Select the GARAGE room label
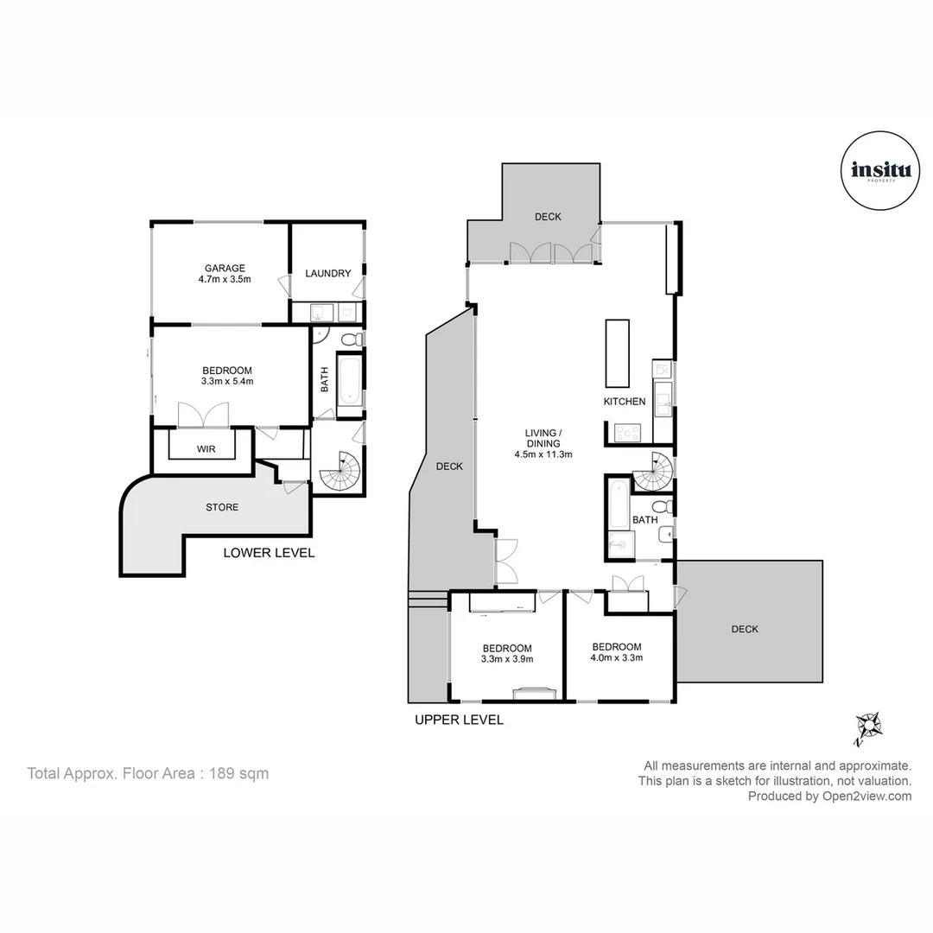tap(225, 268)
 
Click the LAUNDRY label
tap(327, 274)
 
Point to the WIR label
tap(206, 449)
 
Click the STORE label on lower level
tap(222, 507)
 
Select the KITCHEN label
tap(625, 402)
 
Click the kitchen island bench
tap(618, 353)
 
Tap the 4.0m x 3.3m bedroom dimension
tap(617, 657)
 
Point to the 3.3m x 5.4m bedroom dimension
tap(226, 380)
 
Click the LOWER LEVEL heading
tap(269, 553)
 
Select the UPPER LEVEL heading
tap(459, 720)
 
